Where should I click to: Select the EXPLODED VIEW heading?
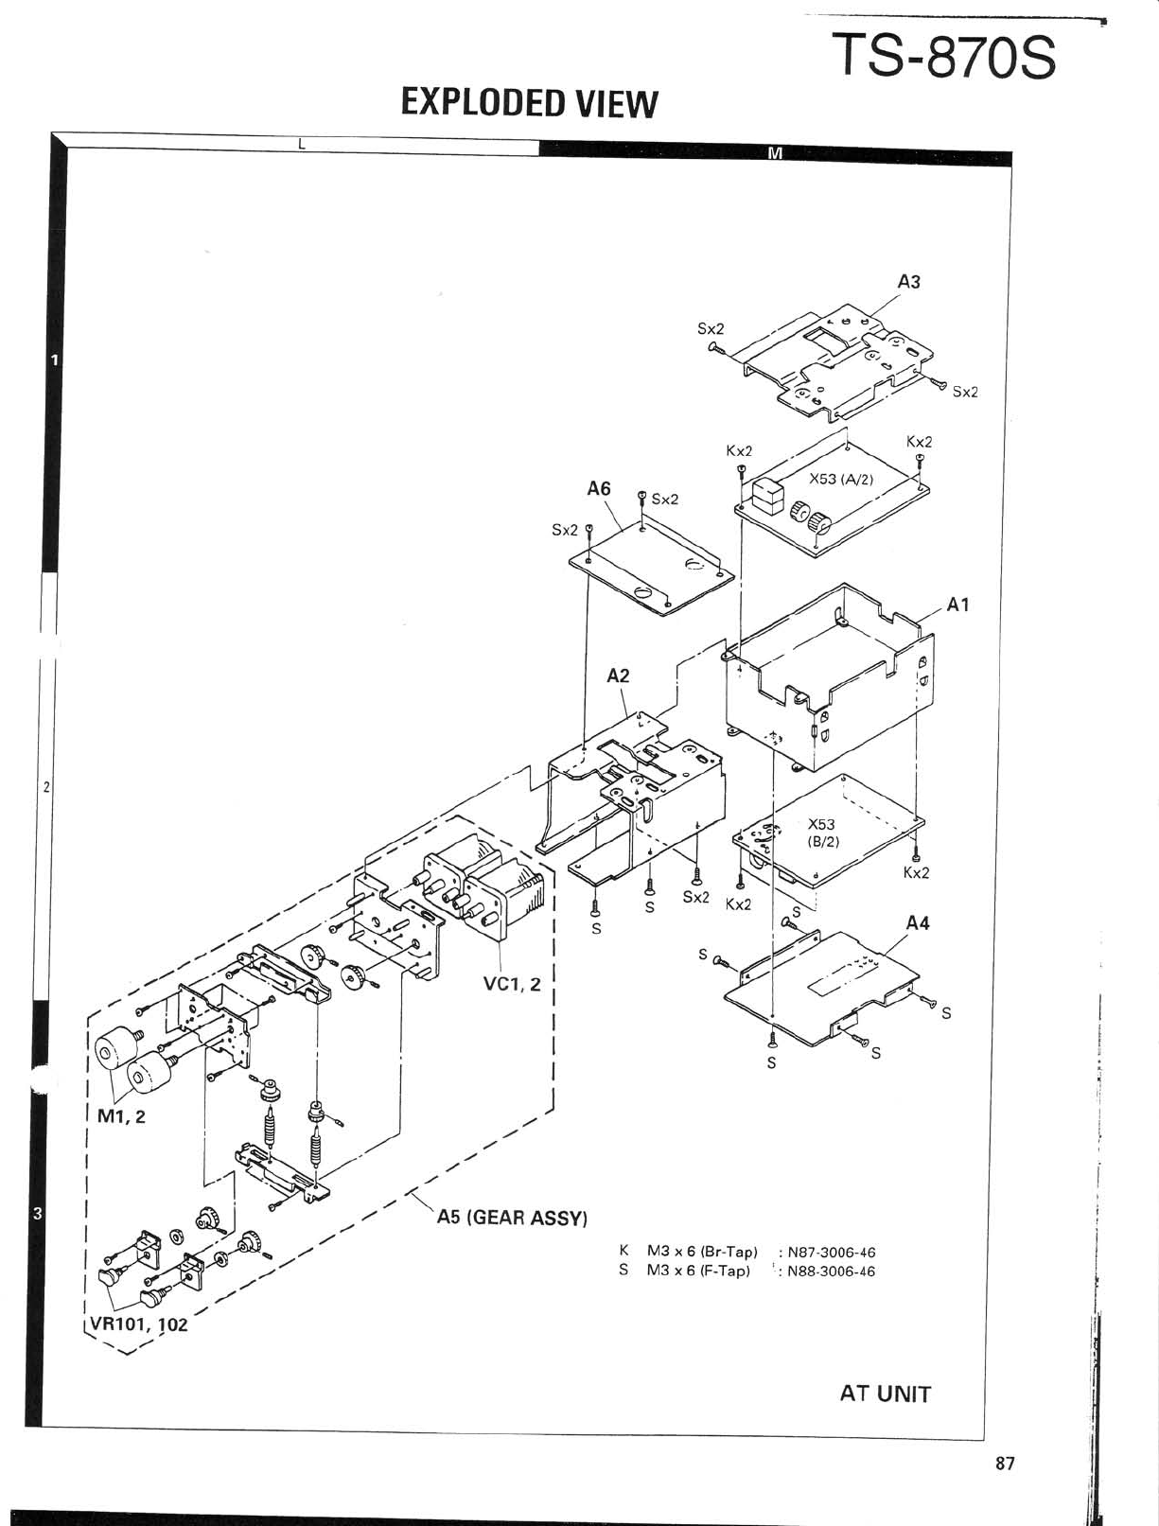pyautogui.click(x=528, y=102)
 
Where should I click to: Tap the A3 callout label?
pyautogui.click(x=908, y=281)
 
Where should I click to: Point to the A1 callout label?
pyautogui.click(x=957, y=605)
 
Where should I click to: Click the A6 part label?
pyautogui.click(x=599, y=488)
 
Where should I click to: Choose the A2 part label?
pyautogui.click(x=618, y=675)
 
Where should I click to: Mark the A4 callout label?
pyautogui.click(x=917, y=922)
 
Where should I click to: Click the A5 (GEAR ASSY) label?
pyautogui.click(x=512, y=1217)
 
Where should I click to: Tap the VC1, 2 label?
pyautogui.click(x=512, y=984)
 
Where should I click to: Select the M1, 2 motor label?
pyautogui.click(x=122, y=1116)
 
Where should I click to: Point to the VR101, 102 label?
pyautogui.click(x=139, y=1324)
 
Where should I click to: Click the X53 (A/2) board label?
pyautogui.click(x=841, y=479)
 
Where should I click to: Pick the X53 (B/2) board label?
pyautogui.click(x=821, y=832)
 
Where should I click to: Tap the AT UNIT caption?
pyautogui.click(x=885, y=1394)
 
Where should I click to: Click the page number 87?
pyautogui.click(x=1005, y=1464)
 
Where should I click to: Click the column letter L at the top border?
pyautogui.click(x=301, y=145)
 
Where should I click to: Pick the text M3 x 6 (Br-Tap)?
pyautogui.click(x=702, y=1252)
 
